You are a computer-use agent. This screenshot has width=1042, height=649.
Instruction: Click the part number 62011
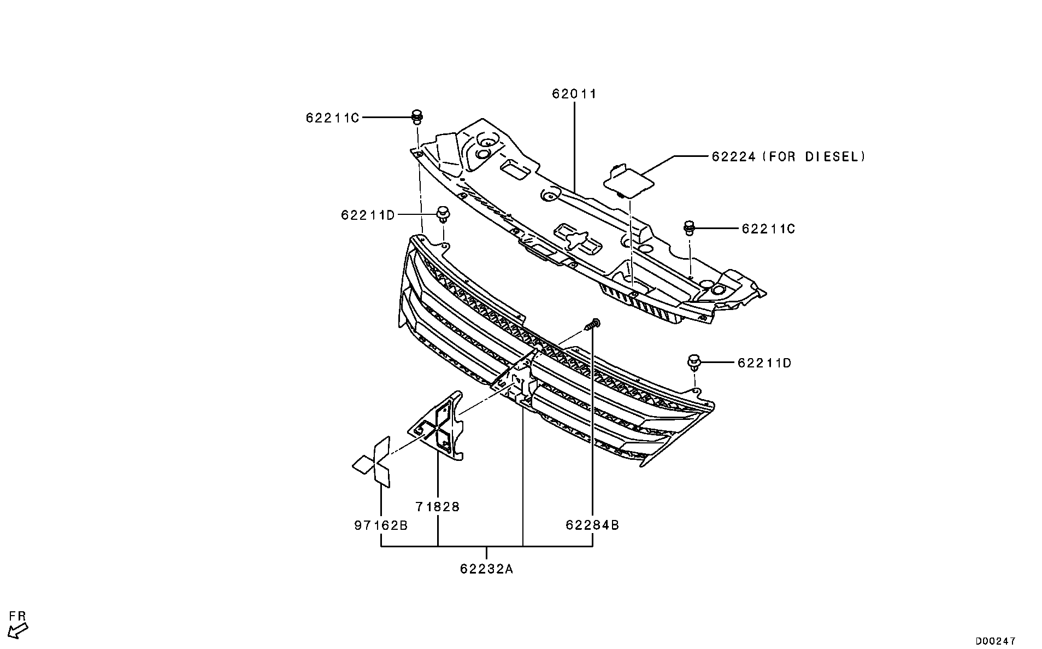click(574, 94)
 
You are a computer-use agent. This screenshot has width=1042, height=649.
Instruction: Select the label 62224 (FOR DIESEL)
click(788, 157)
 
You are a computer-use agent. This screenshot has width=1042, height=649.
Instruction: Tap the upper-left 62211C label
click(332, 118)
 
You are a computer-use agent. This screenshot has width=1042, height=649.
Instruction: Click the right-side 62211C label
click(768, 229)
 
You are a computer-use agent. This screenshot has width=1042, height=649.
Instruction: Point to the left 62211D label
click(367, 215)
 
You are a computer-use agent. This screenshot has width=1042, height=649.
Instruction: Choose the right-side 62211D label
click(764, 362)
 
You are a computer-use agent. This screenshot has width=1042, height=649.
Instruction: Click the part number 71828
click(437, 507)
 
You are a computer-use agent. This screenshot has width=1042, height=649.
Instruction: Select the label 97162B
click(380, 525)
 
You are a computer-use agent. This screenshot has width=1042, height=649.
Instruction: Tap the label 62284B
click(592, 525)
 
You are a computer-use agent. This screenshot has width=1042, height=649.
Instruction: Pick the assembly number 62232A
click(486, 569)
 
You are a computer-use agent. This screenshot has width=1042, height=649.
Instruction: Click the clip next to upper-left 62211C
click(417, 116)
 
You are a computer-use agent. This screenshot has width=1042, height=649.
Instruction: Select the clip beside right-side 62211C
click(689, 227)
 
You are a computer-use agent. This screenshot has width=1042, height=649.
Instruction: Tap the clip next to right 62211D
click(694, 362)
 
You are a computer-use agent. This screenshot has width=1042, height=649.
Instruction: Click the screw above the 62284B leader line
click(592, 325)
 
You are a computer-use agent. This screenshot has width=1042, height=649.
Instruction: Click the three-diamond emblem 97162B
click(373, 463)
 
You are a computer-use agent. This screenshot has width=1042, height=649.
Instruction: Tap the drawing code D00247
click(996, 640)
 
